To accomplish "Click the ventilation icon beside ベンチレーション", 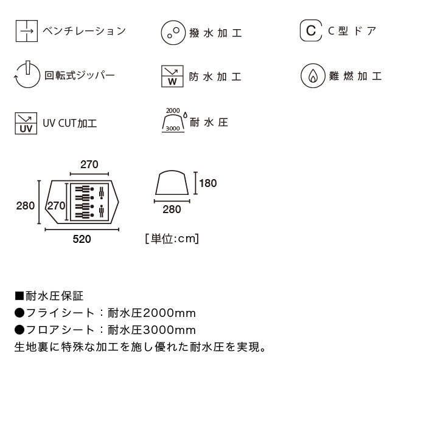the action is pyautogui.click(x=26, y=31).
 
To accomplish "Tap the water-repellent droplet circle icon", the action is pyautogui.click(x=173, y=32).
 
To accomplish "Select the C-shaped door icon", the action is pyautogui.click(x=311, y=30).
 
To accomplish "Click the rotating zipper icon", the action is pyautogui.click(x=27, y=75).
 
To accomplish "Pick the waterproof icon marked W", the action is pyautogui.click(x=172, y=76).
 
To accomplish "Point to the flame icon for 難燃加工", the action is pyautogui.click(x=313, y=76).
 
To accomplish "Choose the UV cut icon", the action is pyautogui.click(x=26, y=123).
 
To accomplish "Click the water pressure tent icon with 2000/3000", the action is pyautogui.click(x=174, y=120).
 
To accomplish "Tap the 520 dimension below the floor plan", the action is pyautogui.click(x=82, y=239).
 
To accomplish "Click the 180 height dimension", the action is pyautogui.click(x=207, y=183).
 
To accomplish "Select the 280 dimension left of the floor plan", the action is pyautogui.click(x=26, y=206).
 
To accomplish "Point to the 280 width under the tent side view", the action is pyautogui.click(x=172, y=209).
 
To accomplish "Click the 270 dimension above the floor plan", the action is pyautogui.click(x=89, y=165).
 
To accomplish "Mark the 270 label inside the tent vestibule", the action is pyautogui.click(x=56, y=206).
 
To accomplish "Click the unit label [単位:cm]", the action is pyautogui.click(x=172, y=239).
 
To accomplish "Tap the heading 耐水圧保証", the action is pyautogui.click(x=54, y=296).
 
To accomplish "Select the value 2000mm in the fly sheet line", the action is pyautogui.click(x=169, y=313).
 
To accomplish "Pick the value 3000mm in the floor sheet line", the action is pyautogui.click(x=169, y=330).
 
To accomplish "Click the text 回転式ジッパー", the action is pyautogui.click(x=79, y=75).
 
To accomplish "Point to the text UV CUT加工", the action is pyautogui.click(x=70, y=123).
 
